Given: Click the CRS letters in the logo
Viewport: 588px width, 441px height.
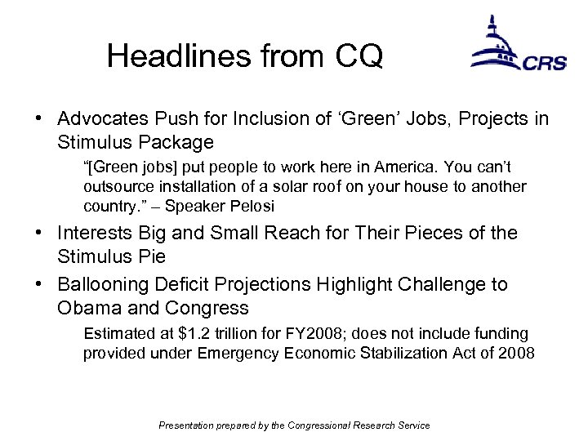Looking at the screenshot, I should (x=544, y=63).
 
